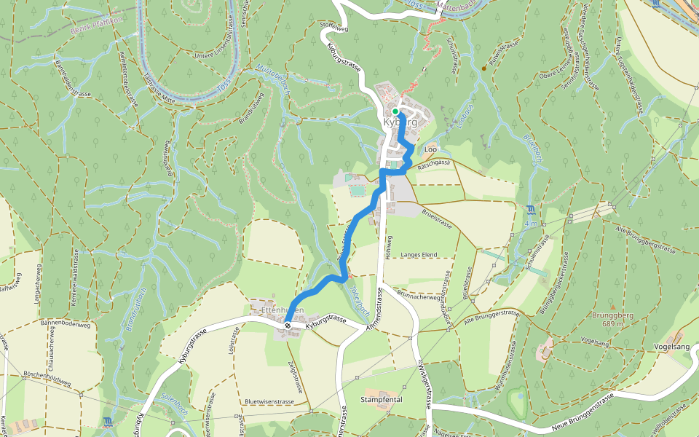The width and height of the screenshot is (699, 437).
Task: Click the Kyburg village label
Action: (400, 122)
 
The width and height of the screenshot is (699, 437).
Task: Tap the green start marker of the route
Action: (395, 111)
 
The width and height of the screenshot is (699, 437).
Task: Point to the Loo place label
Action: (430, 149)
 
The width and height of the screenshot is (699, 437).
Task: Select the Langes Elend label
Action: (418, 254)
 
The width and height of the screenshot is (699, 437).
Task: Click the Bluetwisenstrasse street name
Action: (269, 401)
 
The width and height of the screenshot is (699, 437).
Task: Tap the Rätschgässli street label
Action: (435, 164)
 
